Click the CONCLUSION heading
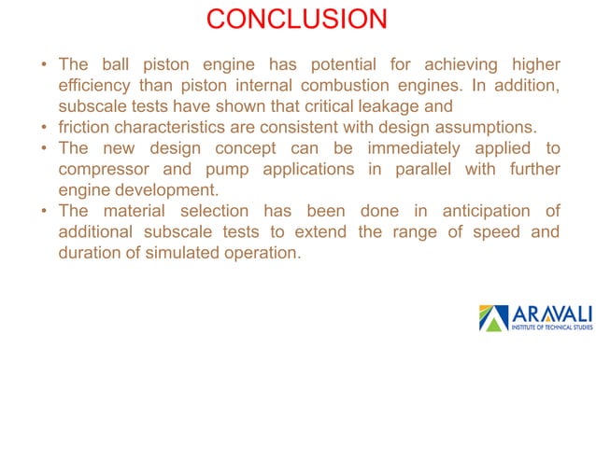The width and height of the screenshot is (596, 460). pos(296,19)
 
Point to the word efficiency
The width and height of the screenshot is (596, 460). pos(94,86)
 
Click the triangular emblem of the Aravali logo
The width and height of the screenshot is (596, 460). pos(492,318)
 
